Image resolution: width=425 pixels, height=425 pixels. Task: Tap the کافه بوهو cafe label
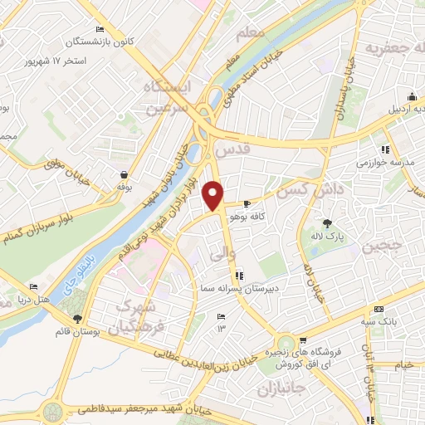[250, 216]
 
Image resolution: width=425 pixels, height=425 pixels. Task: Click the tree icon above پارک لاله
[326, 222]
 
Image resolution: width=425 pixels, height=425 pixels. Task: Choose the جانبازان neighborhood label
[281, 388]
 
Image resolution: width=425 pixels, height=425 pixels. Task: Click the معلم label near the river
[250, 34]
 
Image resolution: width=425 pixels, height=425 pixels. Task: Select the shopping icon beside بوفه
[123, 175]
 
